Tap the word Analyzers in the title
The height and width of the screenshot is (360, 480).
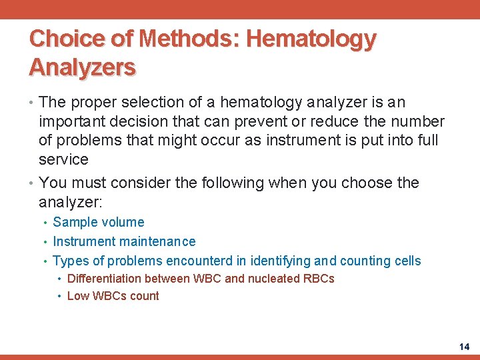point(83,67)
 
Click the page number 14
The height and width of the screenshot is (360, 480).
point(464,347)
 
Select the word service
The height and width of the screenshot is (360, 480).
point(63,159)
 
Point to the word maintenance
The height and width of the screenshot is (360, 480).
point(159,242)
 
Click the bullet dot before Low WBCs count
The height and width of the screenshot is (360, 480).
point(59,297)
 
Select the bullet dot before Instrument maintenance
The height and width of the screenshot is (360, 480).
point(45,242)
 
